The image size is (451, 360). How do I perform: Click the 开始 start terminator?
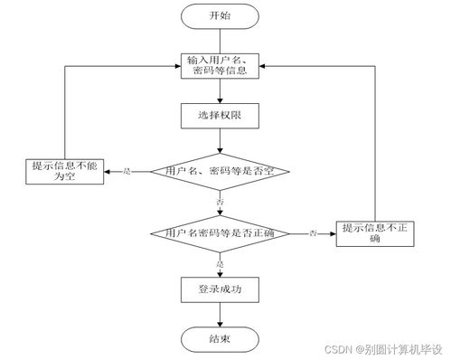coord(220,15)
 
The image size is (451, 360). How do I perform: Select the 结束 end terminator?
coord(220,339)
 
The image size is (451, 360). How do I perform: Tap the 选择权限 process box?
coord(220,117)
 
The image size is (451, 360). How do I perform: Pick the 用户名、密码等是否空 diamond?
coord(220,170)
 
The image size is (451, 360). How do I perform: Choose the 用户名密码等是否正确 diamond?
coord(220,233)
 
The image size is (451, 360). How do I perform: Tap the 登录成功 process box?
coord(220,289)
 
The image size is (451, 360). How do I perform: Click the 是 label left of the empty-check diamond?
coord(127,170)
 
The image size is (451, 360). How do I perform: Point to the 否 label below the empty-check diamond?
coord(220,199)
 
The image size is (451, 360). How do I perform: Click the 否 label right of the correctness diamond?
coord(313,233)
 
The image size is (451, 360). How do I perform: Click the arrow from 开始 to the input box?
coord(220,40)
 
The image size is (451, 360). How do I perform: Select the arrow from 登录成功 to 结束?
coord(220,314)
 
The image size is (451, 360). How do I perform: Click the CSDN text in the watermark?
coord(337,348)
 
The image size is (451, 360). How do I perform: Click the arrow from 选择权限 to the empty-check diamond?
coord(220,140)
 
